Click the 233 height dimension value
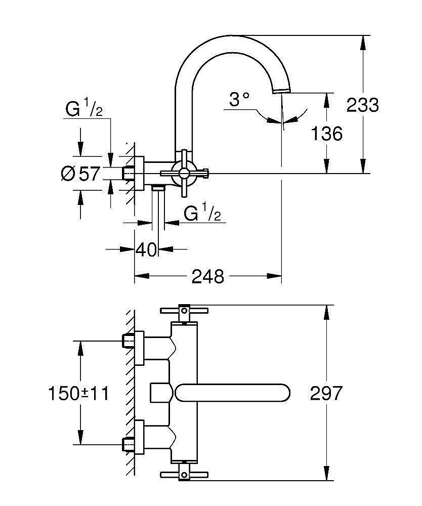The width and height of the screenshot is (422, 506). (362, 105)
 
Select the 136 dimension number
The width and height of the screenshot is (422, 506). (326, 134)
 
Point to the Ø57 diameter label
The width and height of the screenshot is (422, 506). (80, 174)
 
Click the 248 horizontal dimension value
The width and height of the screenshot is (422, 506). (208, 276)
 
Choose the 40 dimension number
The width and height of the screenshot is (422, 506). (147, 249)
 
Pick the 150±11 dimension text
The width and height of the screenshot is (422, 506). (78, 393)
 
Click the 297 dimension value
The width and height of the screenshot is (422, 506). (326, 393)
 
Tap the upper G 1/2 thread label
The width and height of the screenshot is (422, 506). (84, 108)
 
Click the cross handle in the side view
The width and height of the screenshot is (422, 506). (184, 174)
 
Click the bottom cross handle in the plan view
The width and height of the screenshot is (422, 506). (183, 474)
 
